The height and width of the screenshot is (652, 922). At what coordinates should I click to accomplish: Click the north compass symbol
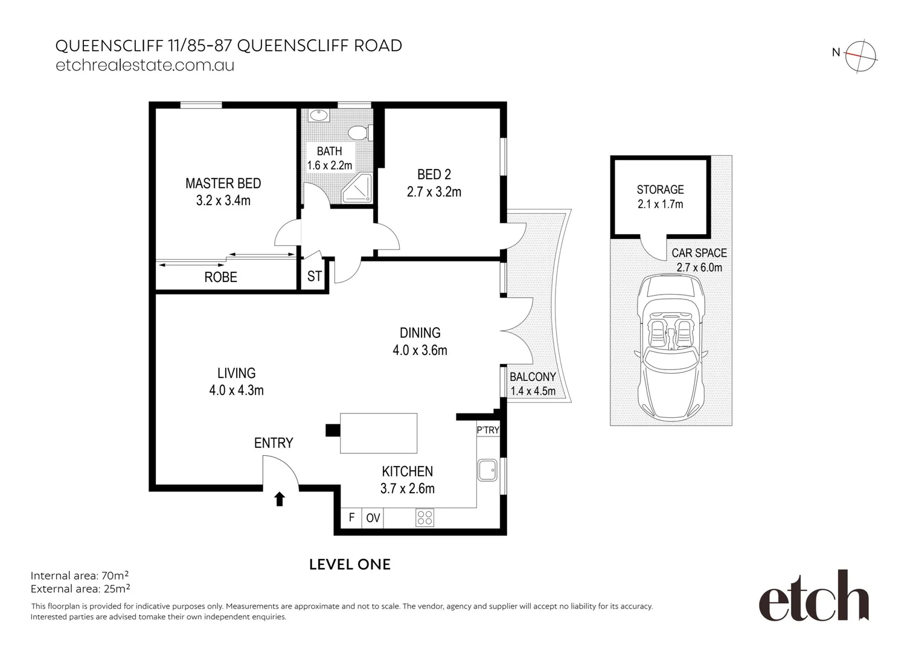860,56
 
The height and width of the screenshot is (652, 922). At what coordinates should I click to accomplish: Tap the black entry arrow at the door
280,499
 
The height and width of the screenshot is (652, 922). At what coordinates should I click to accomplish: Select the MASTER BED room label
223,184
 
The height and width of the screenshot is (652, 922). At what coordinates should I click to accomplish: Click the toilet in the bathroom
360,132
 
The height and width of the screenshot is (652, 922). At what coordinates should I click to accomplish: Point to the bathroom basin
319,115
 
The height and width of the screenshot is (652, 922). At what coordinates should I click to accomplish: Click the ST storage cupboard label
314,276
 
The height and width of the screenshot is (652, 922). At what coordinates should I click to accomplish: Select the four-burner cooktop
424,518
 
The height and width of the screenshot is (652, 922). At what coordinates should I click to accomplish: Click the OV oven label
373,518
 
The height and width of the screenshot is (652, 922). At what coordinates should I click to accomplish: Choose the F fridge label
351,517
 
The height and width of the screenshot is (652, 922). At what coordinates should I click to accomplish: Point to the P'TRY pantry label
488,430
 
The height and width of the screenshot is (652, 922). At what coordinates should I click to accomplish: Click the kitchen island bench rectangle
379,433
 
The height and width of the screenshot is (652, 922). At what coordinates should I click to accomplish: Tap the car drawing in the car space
671,348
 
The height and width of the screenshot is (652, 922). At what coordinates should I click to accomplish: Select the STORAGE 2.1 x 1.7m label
660,197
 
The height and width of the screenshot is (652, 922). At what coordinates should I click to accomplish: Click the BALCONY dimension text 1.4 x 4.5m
533,391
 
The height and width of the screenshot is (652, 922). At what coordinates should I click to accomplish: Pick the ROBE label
220,277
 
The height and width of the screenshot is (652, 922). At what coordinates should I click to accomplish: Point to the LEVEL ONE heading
350,564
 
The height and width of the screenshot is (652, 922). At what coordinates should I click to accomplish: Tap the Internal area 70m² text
80,575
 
